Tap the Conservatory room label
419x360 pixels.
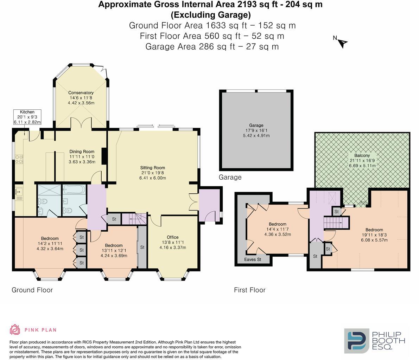[x=81, y=93]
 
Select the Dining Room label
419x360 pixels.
[x=82, y=152]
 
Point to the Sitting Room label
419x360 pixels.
[x=153, y=168]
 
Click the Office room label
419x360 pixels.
[x=173, y=237]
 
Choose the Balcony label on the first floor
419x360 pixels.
[x=362, y=155]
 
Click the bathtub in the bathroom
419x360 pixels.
[x=74, y=189]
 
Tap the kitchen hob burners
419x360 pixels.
[x=19, y=159]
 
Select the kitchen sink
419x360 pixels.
[x=18, y=192]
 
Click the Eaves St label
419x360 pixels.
[x=253, y=259]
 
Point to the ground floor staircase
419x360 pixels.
[x=134, y=219]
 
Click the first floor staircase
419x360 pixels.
[x=336, y=223]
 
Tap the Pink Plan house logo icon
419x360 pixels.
[x=15, y=329]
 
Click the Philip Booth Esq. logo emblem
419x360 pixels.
[x=357, y=341]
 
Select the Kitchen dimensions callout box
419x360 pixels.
[x=27, y=117]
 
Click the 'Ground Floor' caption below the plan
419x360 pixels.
[x=32, y=290]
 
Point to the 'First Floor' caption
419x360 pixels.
[x=249, y=290]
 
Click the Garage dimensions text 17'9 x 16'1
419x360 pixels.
[x=256, y=130]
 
